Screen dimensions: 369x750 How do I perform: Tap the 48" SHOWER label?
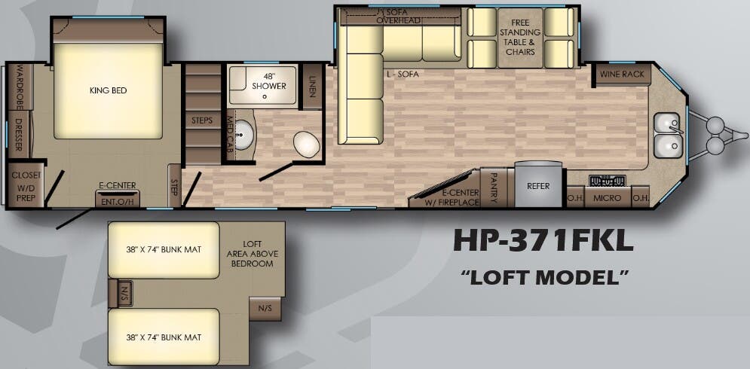(x=269, y=81)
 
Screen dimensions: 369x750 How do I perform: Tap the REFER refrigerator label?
(x=538, y=186)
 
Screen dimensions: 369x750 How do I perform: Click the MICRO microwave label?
(x=608, y=198)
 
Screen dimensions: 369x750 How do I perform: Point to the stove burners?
(x=608, y=181)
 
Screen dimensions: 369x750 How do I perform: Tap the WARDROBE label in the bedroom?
(x=20, y=91)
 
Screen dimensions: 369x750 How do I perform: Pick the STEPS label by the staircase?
(x=202, y=120)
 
